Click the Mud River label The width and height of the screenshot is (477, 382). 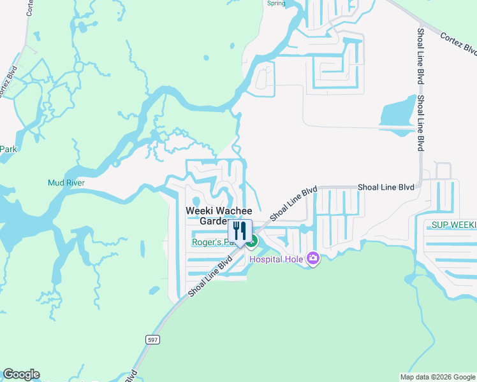coord(66,183)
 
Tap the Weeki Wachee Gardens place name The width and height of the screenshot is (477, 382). coord(218,215)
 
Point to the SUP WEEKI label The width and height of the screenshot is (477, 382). coord(453,225)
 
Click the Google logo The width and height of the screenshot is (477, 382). coord(21,374)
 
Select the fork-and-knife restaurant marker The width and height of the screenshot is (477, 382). coord(240,232)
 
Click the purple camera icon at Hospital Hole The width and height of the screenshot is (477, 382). coord(312,258)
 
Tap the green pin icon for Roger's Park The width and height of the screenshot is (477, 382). coord(253,241)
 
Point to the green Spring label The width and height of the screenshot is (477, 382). coord(276,3)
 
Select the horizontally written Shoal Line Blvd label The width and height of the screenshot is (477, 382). coord(386,187)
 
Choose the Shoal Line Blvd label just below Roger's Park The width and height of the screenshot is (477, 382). coord(210,276)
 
